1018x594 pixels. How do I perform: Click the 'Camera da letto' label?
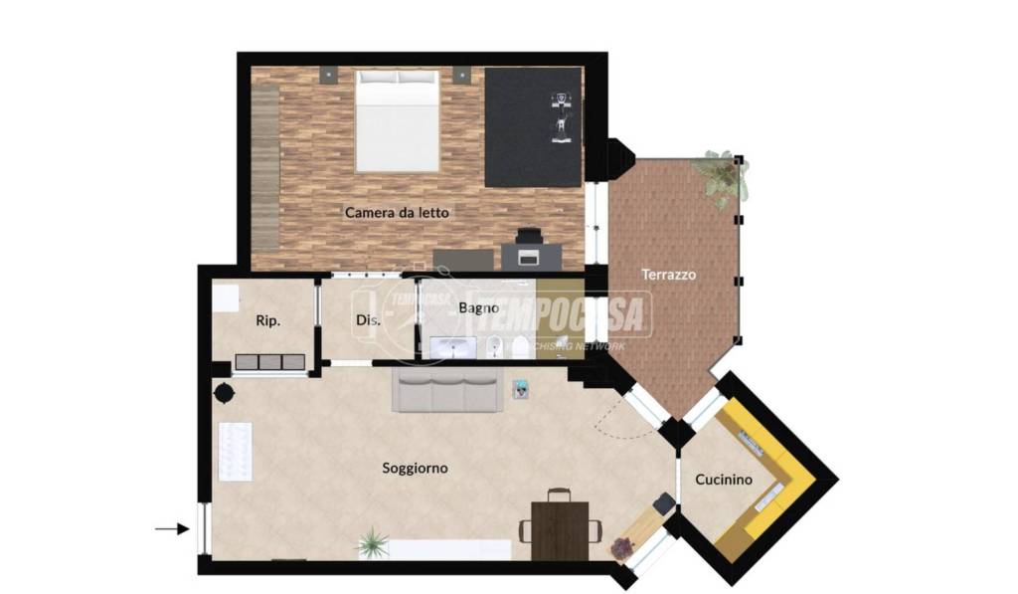(397, 212)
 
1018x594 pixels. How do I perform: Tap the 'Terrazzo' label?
(669, 275)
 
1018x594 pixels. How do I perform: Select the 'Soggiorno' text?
(415, 468)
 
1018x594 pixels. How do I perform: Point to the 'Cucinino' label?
(724, 480)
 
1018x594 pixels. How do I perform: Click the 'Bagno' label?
(478, 307)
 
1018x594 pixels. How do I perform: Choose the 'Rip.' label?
(268, 320)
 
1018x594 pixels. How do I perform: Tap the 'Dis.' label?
(368, 320)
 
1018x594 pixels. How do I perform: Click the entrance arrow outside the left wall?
(172, 529)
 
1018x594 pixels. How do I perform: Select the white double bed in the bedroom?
(398, 120)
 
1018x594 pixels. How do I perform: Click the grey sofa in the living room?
(447, 390)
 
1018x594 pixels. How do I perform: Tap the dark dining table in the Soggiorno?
(560, 530)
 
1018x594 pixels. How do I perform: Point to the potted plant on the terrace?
(721, 177)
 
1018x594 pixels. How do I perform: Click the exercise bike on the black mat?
(562, 117)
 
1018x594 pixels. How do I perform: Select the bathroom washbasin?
(452, 347)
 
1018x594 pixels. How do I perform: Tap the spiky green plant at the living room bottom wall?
(374, 542)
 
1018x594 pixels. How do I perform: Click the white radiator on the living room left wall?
(235, 452)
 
